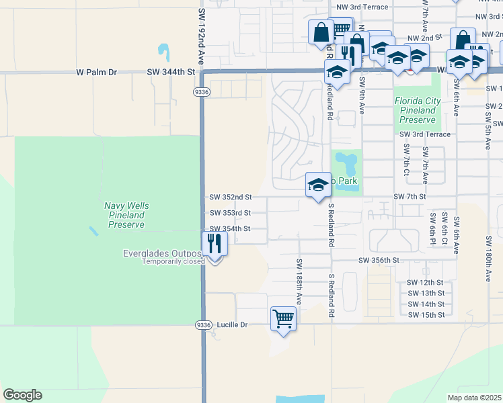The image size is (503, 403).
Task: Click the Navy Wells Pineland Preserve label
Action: (x=126, y=215)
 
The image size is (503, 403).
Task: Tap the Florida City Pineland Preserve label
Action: (x=418, y=110)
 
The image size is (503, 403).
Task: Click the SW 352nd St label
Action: (x=230, y=197)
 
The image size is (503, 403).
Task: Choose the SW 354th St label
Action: (x=230, y=228)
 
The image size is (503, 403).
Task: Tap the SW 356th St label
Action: (x=379, y=260)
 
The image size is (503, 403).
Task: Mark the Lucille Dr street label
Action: (x=233, y=324)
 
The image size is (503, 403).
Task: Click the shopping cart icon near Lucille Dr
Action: (x=283, y=318)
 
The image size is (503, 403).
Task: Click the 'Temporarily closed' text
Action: (x=171, y=261)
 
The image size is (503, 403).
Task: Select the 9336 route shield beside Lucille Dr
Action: (x=203, y=324)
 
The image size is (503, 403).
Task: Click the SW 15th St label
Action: (x=426, y=314)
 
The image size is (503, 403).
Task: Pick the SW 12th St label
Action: (x=426, y=283)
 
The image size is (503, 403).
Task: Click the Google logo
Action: (x=22, y=395)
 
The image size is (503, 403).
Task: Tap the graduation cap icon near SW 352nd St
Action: (x=317, y=185)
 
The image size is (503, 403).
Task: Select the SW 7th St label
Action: (x=410, y=196)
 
